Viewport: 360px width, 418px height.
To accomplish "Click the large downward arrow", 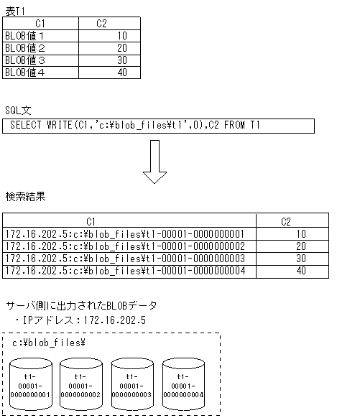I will click(155, 162).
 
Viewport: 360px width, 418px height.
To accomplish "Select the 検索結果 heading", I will click(26, 196).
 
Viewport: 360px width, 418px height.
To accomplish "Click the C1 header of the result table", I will click(91, 221).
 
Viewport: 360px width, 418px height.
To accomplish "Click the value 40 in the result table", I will click(300, 271).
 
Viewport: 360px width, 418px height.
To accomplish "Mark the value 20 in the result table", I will click(300, 246).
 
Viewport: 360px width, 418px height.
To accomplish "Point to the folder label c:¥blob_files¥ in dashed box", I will click(49, 343).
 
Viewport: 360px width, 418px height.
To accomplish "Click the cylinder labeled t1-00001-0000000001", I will click(29, 384).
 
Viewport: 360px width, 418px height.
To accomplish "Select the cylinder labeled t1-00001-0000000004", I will click(183, 384).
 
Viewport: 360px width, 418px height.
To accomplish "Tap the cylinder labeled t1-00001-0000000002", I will click(80, 384).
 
